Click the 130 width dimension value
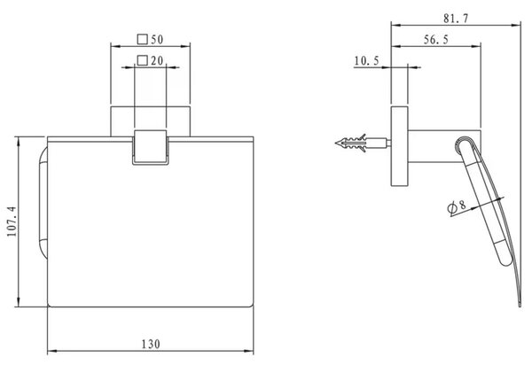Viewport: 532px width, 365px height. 151,344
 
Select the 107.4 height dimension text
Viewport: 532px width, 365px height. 12,221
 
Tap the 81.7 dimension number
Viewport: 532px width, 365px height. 456,18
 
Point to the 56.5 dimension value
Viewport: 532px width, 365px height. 436,40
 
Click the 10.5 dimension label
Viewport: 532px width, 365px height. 366,61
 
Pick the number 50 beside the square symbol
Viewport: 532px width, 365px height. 157,40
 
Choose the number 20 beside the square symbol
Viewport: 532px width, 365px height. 157,61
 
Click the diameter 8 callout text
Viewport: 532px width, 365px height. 457,206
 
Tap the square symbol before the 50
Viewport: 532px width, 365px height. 143,39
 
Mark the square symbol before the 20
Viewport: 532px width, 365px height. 143,60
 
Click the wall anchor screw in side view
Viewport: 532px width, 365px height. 363,143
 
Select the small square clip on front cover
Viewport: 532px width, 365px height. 151,147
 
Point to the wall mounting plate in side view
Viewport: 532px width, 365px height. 399,146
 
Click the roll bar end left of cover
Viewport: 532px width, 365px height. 43,204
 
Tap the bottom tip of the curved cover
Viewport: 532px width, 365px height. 520,306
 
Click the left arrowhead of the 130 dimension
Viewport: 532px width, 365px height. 51,351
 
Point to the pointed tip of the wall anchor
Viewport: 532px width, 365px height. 336,143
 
